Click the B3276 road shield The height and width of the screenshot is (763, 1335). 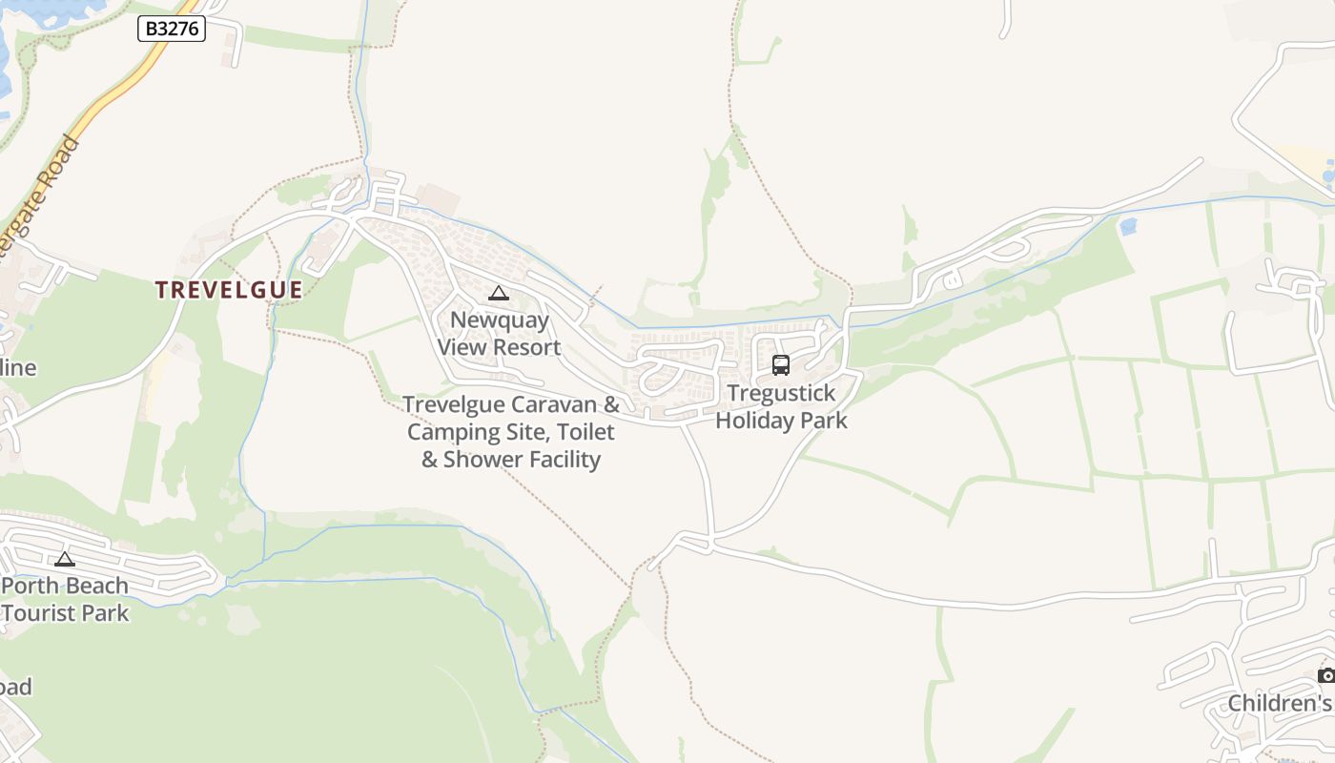pyautogui.click(x=173, y=29)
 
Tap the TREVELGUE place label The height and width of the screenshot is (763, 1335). pyautogui.click(x=229, y=290)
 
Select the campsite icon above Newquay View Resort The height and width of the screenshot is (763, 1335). pyautogui.click(x=498, y=293)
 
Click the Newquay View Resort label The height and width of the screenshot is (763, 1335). pyautogui.click(x=499, y=334)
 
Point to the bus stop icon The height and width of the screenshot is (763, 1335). pyautogui.click(x=780, y=364)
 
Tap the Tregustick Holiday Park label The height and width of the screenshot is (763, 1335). pyautogui.click(x=781, y=406)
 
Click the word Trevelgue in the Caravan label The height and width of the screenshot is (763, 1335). pyautogui.click(x=449, y=404)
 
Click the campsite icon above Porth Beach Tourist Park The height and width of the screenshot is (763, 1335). pyautogui.click(x=65, y=559)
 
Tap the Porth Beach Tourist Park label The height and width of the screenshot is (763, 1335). pyautogui.click(x=65, y=599)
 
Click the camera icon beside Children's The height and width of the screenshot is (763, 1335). pyautogui.click(x=1325, y=676)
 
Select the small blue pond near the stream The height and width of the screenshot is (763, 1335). pyautogui.click(x=1128, y=227)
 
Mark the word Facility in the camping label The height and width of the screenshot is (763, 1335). pyautogui.click(x=564, y=460)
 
